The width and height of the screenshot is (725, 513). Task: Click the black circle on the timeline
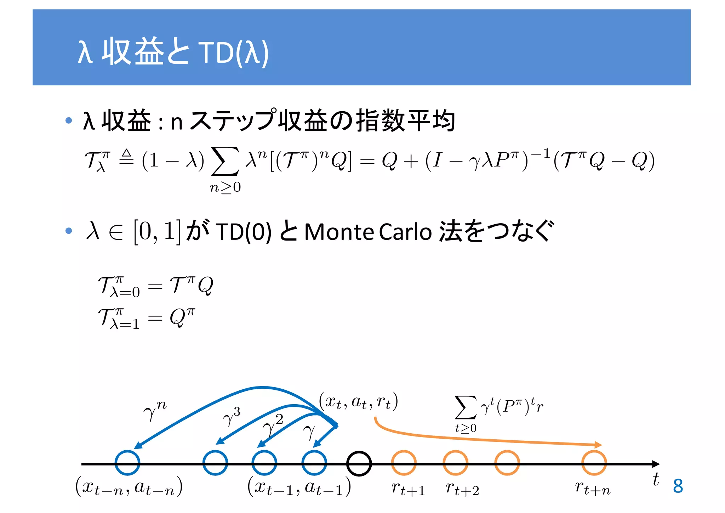(359, 463)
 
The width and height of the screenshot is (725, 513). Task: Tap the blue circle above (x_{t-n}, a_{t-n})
(127, 463)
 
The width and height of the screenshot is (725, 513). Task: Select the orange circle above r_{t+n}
(594, 463)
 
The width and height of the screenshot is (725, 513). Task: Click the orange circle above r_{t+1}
(404, 463)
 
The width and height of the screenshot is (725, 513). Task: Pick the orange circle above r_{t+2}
(455, 463)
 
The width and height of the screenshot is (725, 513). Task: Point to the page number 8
(678, 486)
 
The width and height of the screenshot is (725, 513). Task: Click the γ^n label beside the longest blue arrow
(155, 411)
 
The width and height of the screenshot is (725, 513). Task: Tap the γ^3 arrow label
(232, 417)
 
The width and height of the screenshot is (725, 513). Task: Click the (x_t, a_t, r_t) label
(358, 401)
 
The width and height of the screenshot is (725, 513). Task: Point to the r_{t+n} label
(593, 488)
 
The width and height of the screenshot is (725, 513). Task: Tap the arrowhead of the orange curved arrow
(598, 445)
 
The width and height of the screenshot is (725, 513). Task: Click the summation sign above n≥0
(225, 161)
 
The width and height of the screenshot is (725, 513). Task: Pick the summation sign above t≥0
(466, 407)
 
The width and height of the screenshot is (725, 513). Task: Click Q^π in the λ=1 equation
(182, 317)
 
